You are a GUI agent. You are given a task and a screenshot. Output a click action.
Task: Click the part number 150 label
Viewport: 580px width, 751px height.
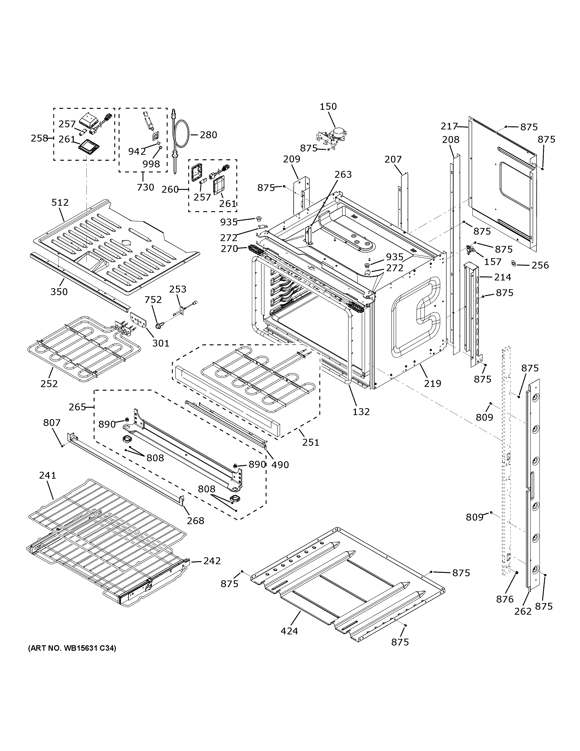pyautogui.click(x=328, y=107)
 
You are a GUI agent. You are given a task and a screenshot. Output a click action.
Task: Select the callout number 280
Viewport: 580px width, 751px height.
pyautogui.click(x=208, y=135)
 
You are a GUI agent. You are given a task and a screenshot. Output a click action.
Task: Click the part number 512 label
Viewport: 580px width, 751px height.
pyautogui.click(x=60, y=202)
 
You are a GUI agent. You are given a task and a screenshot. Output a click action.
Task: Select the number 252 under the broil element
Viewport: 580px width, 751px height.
pyautogui.click(x=49, y=383)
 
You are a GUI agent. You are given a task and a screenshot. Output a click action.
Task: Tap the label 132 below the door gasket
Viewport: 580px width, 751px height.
pyautogui.click(x=361, y=411)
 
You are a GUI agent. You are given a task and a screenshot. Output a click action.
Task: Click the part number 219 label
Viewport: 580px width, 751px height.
pyautogui.click(x=432, y=383)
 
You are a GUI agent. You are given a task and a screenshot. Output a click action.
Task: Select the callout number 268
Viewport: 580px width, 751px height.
pyautogui.click(x=195, y=521)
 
